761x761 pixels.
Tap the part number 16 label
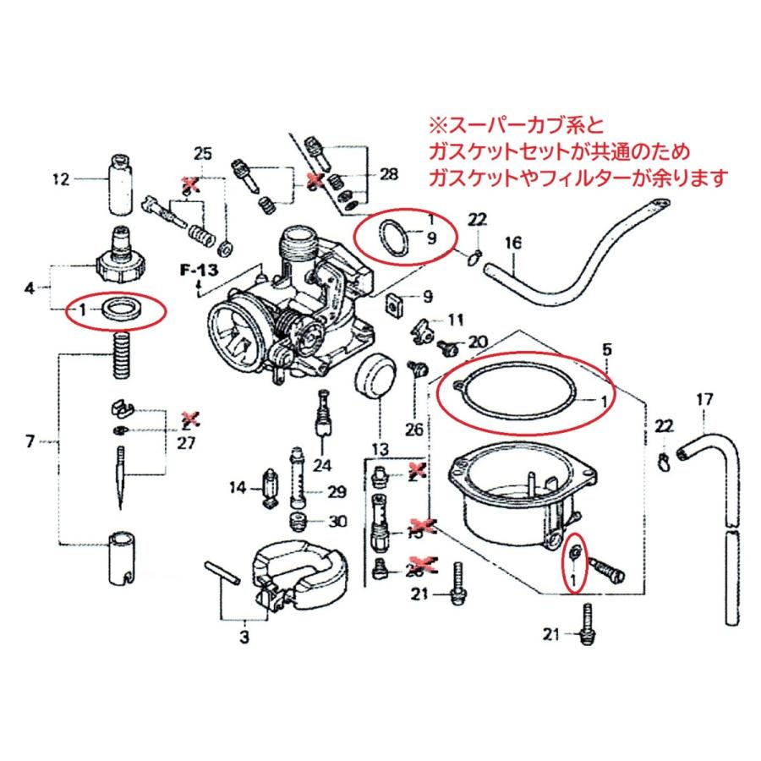(x=511, y=244)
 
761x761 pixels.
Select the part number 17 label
(x=704, y=398)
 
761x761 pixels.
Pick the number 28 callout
(x=388, y=175)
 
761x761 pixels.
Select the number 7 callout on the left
(x=30, y=441)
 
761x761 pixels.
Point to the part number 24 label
(x=322, y=463)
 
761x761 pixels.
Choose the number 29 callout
(x=337, y=492)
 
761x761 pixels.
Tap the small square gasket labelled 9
(x=393, y=304)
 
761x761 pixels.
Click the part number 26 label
(x=413, y=429)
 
